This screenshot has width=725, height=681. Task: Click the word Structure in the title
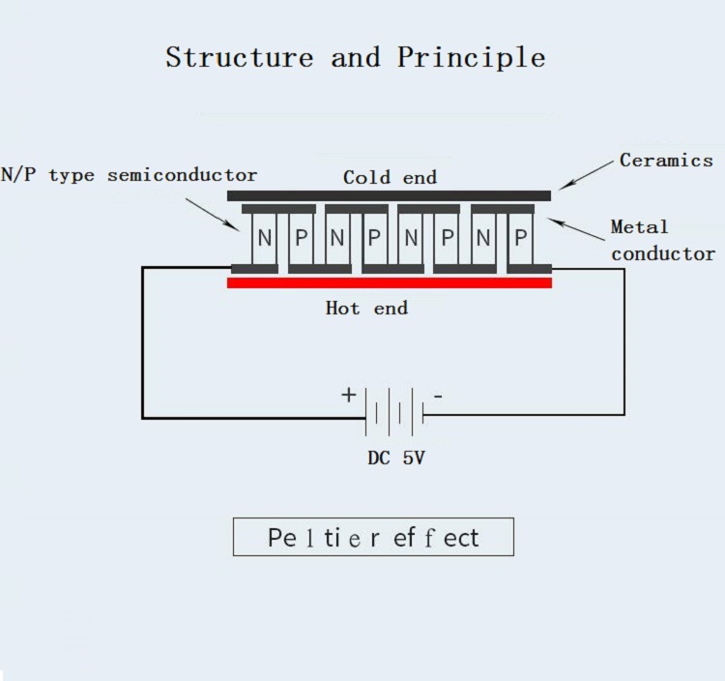click(239, 57)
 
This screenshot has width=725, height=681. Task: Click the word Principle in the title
click(471, 58)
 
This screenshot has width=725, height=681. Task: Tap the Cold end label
click(390, 177)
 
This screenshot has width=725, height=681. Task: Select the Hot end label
click(366, 309)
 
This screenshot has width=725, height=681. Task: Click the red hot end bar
click(390, 282)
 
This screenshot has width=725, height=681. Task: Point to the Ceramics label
click(666, 161)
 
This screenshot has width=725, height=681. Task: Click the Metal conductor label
click(662, 240)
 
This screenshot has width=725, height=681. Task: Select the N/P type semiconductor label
click(130, 175)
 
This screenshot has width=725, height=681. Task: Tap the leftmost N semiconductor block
click(266, 238)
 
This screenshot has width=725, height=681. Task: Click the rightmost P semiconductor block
click(522, 238)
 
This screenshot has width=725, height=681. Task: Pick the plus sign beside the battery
click(348, 395)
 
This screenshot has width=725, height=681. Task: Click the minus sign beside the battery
click(438, 396)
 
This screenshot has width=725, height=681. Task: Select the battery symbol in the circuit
click(394, 412)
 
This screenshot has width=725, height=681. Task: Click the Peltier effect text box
click(373, 537)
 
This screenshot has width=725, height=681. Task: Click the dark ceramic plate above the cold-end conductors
click(389, 195)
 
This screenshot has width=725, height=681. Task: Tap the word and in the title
click(355, 57)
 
